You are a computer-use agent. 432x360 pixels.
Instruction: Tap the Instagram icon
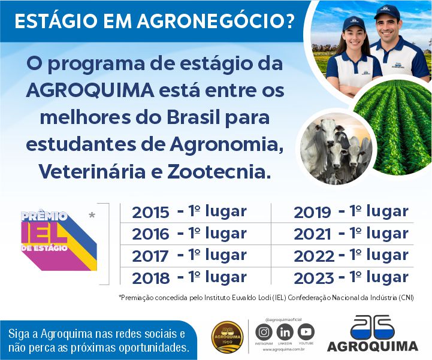tap(264, 332)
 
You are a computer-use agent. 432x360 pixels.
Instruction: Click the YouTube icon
tap(306, 332)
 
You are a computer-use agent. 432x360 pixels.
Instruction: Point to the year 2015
tap(151, 212)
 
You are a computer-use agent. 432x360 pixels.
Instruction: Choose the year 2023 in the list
tap(313, 278)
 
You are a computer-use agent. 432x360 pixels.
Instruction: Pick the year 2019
tap(312, 212)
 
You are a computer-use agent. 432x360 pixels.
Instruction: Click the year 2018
tap(151, 278)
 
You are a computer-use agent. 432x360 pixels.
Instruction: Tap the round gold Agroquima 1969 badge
tap(228, 337)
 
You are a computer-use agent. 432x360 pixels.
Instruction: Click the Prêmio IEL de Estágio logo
tap(59, 239)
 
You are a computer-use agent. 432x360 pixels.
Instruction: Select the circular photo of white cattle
tap(335, 147)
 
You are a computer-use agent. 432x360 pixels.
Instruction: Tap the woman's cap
tap(354, 24)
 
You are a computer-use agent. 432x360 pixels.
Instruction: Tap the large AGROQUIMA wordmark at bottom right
tap(373, 346)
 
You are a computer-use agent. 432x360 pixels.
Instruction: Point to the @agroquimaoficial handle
tap(285, 320)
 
